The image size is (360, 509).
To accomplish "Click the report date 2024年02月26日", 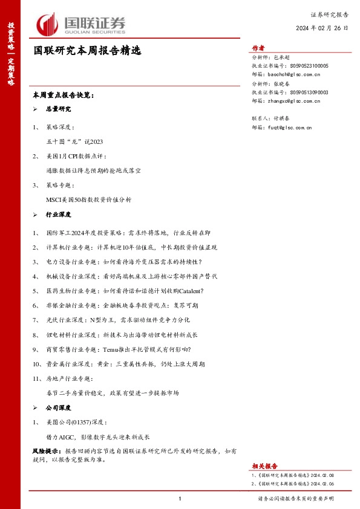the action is [322, 28].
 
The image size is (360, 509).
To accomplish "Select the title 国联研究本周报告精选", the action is [87, 51].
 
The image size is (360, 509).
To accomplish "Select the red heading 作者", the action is [258, 48].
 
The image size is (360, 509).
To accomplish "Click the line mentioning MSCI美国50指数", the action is [88, 199].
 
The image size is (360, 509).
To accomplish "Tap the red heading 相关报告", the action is [264, 465].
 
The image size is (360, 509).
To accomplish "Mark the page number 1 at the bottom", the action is [180, 498].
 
